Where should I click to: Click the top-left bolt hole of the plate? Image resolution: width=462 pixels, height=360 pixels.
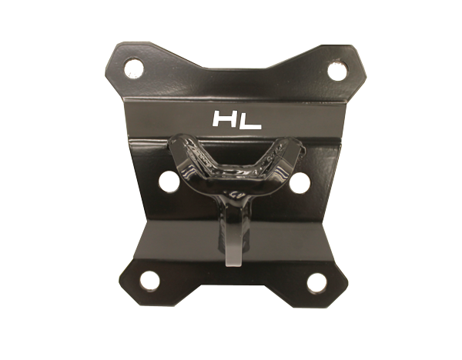(134, 68)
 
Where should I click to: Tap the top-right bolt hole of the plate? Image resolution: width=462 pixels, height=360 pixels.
(337, 71)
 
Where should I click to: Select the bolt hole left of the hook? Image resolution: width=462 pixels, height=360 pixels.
(169, 182)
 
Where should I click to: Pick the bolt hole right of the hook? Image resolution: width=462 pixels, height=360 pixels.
(300, 182)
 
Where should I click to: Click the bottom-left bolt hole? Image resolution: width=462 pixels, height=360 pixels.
(150, 280)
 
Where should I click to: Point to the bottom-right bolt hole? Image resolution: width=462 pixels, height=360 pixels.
(316, 282)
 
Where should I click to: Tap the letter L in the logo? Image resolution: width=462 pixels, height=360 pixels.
(251, 119)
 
